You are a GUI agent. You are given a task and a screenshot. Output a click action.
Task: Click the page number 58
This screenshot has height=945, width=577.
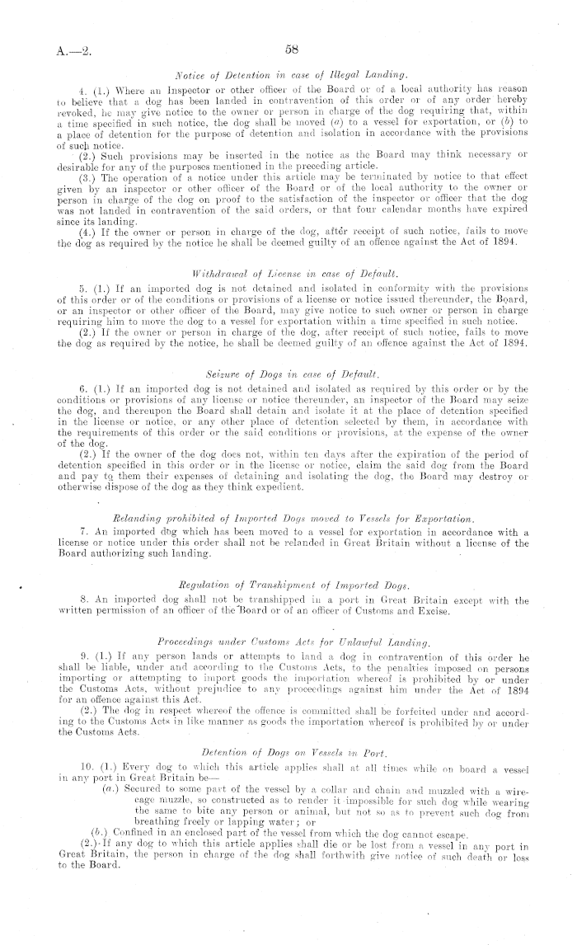pyautogui.click(x=291, y=49)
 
